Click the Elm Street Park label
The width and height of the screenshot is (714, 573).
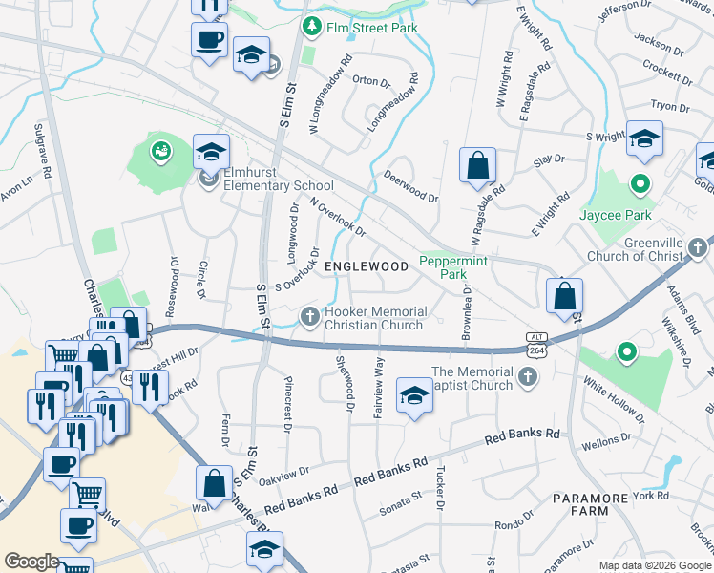(372, 28)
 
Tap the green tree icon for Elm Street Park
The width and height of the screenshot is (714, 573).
(309, 28)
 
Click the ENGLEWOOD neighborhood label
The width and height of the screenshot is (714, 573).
(367, 267)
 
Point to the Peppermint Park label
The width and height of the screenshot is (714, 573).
(453, 266)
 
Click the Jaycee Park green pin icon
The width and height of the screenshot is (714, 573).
(641, 183)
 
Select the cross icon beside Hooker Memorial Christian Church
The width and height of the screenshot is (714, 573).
(309, 316)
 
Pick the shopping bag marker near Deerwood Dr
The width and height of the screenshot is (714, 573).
(477, 165)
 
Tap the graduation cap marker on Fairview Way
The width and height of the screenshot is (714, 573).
(413, 395)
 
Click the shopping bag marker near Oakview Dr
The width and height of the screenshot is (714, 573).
(214, 484)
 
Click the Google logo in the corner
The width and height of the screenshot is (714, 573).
(31, 562)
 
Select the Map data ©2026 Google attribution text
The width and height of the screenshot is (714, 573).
(654, 565)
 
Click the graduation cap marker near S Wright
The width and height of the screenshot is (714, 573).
(644, 139)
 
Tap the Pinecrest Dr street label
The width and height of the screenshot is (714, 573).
(288, 402)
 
